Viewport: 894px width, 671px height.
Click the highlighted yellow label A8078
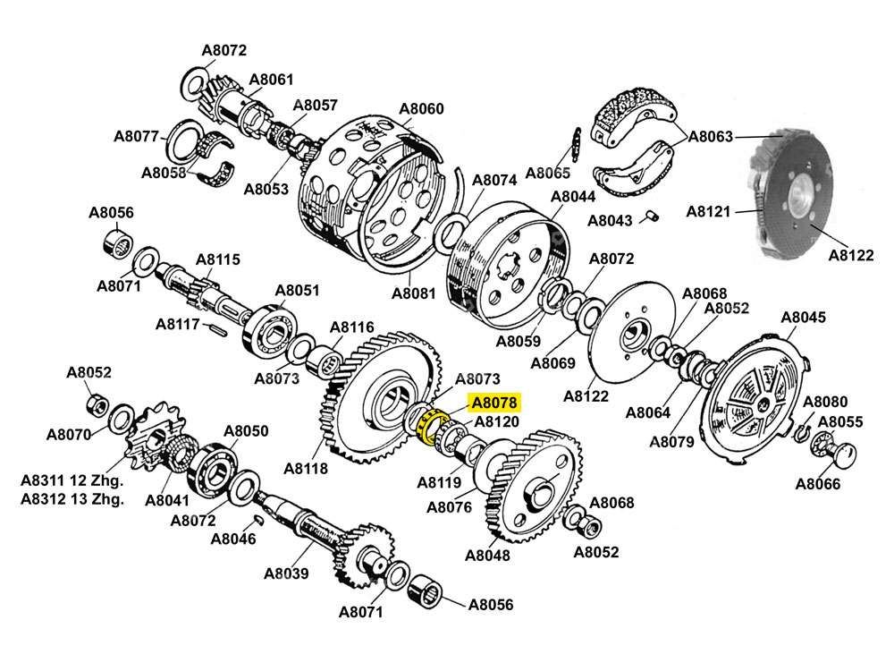coord(495,403)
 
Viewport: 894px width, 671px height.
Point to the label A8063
coord(710,137)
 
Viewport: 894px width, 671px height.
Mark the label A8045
coord(804,318)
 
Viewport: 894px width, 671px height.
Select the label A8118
coord(306,468)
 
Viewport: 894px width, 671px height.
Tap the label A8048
coord(488,555)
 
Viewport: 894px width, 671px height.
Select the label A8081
coord(414,293)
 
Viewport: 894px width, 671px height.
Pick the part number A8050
coord(246,431)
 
